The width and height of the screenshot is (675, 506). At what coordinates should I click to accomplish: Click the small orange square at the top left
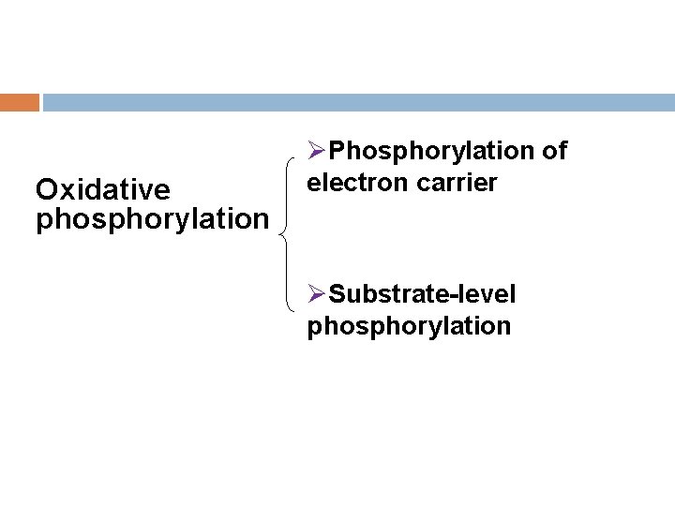(20, 102)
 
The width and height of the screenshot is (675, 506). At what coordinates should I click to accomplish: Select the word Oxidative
(103, 190)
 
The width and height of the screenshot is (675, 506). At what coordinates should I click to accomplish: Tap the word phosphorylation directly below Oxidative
(152, 219)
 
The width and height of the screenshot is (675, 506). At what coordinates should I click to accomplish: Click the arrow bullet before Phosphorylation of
(317, 151)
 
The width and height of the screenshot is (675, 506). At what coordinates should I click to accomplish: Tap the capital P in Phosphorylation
(338, 151)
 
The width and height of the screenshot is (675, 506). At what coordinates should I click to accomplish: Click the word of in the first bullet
(553, 151)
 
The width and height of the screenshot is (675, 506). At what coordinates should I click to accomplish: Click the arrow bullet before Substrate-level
(317, 295)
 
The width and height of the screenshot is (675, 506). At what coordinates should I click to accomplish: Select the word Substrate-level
(423, 295)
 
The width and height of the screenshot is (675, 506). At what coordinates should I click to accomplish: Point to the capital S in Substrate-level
(338, 295)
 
